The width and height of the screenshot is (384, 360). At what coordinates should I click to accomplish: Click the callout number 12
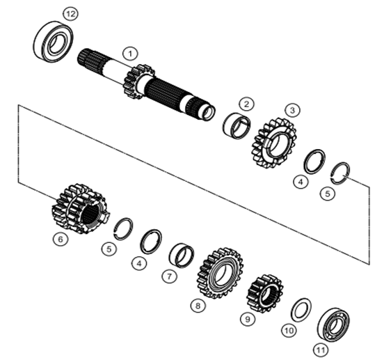(x=70, y=14)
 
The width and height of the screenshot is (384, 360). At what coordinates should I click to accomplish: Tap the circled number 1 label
(x=130, y=54)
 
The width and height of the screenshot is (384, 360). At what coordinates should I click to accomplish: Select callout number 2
(x=246, y=104)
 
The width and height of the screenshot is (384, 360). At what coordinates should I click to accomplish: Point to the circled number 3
(x=293, y=110)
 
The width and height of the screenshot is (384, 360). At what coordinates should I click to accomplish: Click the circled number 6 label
(x=61, y=239)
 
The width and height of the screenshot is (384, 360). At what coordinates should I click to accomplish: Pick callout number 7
(x=169, y=276)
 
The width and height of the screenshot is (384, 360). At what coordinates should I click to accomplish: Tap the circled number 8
(x=198, y=306)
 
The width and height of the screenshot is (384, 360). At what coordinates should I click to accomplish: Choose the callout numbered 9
(x=248, y=319)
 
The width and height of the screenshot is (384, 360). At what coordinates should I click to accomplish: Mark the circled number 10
(x=289, y=331)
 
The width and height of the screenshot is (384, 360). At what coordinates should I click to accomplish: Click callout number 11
(x=321, y=350)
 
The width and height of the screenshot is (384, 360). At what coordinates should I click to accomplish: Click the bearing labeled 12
(x=53, y=41)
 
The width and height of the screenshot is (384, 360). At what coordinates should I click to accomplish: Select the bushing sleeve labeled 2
(x=237, y=125)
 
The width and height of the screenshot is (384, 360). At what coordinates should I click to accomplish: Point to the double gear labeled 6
(x=81, y=208)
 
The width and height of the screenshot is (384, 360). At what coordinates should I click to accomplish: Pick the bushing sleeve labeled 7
(x=182, y=256)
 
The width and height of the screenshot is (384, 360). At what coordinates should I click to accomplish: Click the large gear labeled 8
(x=220, y=273)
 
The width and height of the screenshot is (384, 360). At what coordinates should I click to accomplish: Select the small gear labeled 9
(x=265, y=294)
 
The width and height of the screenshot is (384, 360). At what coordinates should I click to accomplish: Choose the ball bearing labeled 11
(x=334, y=324)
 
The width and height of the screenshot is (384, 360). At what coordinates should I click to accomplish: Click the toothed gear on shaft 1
(x=139, y=82)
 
